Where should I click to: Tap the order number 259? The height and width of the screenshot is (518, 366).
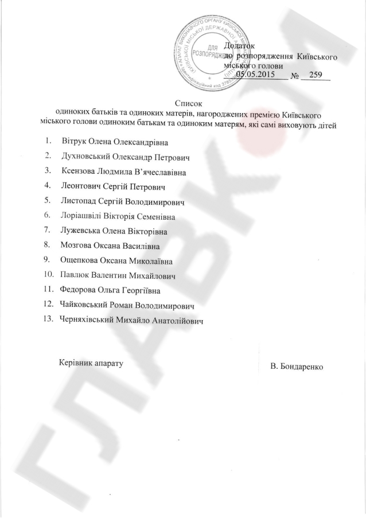pos(316,75)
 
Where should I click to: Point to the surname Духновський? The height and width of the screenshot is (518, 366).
pos(86,156)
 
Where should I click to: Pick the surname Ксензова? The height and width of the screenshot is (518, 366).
pos(79,171)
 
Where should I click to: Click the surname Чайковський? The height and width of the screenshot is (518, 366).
pos(85,306)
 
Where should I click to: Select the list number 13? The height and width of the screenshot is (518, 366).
pos(48,321)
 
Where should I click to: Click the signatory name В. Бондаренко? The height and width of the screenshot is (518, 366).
pos(298,366)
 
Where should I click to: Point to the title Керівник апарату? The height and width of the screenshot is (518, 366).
pos(91,363)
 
